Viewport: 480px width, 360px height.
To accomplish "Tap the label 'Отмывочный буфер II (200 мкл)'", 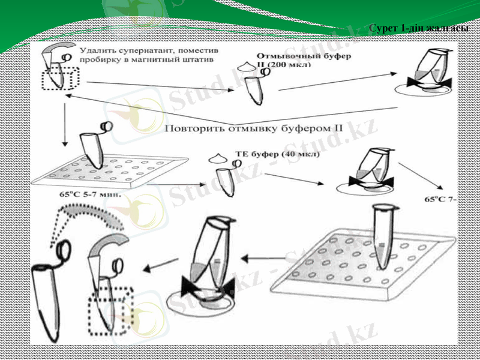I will coord(304,59).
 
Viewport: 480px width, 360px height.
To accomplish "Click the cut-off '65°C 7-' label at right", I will coord(440,199).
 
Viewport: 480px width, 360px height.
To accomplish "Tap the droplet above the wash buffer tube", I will coord(247,65).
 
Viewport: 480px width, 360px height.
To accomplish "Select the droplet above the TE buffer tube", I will coord(218,158).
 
